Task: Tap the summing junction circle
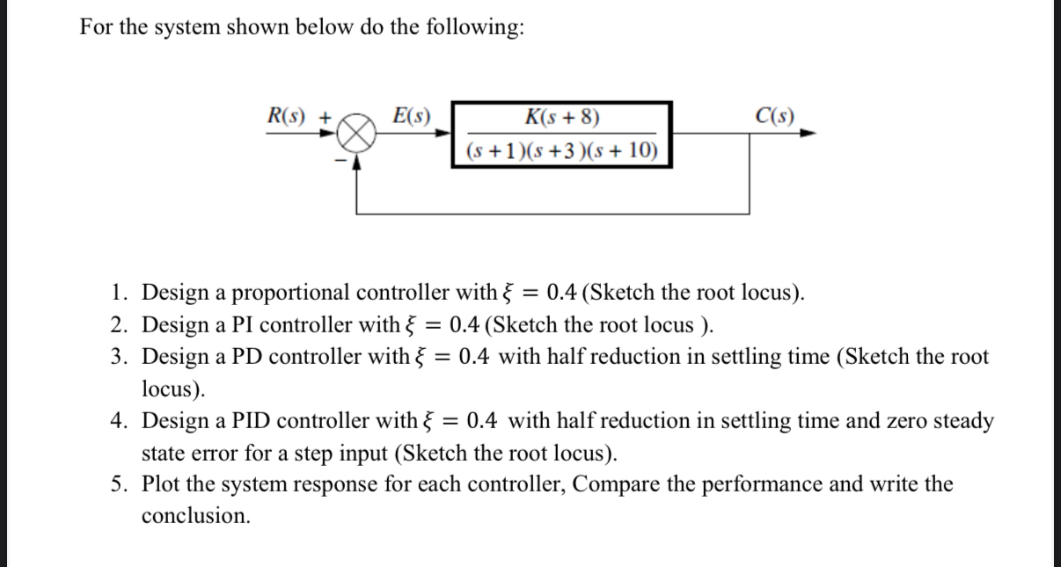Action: click(x=357, y=135)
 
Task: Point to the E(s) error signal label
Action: click(x=411, y=116)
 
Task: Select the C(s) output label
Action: click(x=775, y=116)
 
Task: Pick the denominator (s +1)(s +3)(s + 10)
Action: click(x=562, y=150)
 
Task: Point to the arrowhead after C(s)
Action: click(x=809, y=134)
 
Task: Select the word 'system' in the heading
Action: click(x=179, y=27)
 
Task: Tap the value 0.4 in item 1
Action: click(x=561, y=293)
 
